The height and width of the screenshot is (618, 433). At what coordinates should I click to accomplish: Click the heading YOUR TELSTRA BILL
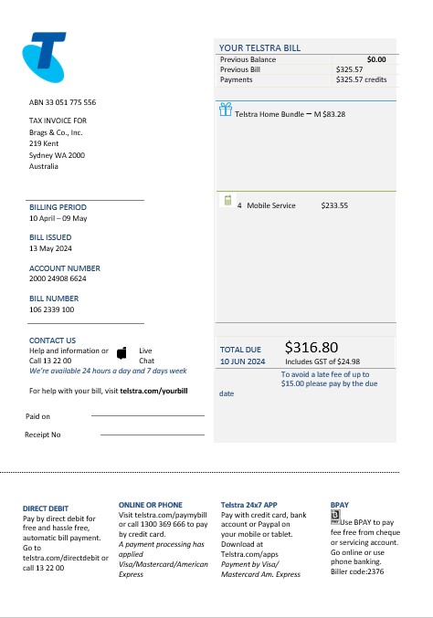(259, 48)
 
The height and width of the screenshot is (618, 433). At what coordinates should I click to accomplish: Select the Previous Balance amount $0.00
(376, 59)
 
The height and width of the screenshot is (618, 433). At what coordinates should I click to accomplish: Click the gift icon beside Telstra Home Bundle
(226, 111)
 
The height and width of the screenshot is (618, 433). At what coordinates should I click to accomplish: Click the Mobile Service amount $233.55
(334, 205)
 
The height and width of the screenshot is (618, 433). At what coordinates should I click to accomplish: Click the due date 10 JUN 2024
(242, 361)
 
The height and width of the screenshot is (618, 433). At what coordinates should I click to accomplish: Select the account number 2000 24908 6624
(58, 278)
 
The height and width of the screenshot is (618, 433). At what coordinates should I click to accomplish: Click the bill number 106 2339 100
(52, 309)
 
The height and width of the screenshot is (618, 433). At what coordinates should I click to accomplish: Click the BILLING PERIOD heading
(58, 207)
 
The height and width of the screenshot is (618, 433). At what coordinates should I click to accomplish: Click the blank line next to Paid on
(147, 415)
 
